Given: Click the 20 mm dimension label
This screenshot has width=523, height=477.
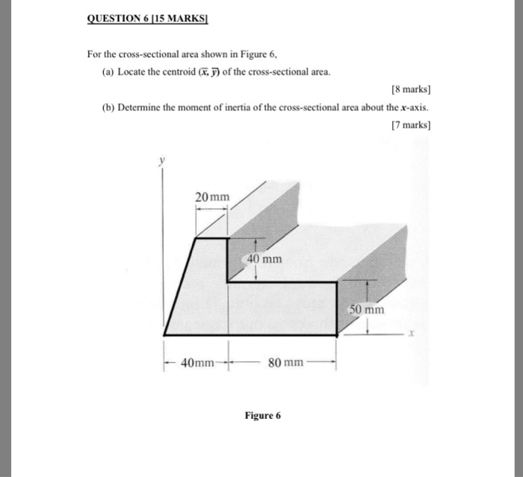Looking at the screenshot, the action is coord(213,197).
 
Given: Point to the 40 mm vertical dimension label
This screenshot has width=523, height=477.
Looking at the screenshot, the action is coord(264,259).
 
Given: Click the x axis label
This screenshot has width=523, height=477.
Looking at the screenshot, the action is coord(410,334).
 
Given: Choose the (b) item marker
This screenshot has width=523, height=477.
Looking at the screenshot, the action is coord(109,107).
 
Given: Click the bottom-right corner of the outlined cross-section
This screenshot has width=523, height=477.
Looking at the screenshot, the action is coord(337,335).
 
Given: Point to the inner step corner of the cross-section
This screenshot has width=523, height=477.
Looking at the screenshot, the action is coord(228,282).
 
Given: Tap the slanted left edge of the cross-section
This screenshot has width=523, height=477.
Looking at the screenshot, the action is coord(180,287).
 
